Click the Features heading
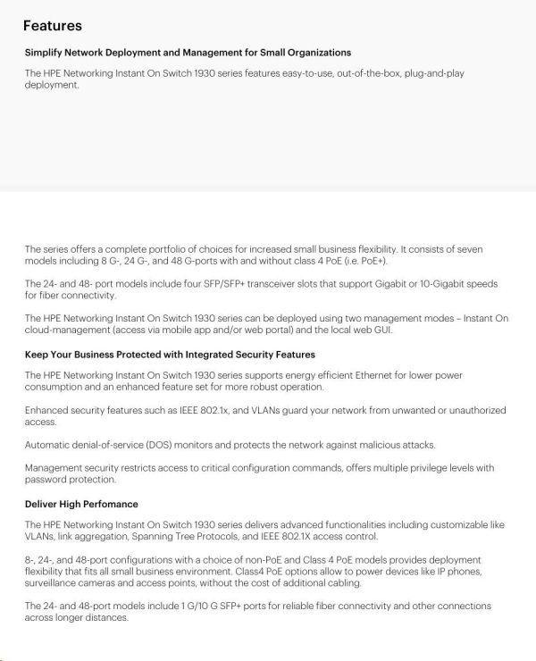(x=53, y=25)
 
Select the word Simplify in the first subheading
(x=43, y=53)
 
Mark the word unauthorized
(x=471, y=410)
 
